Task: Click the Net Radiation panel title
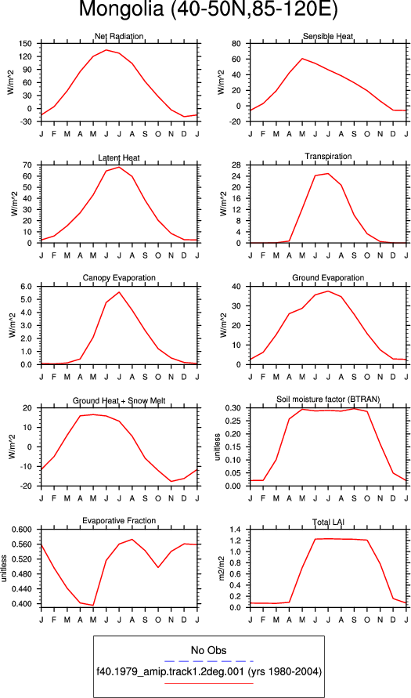click(x=119, y=36)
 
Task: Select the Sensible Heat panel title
click(x=328, y=36)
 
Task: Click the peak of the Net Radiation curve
click(x=106, y=50)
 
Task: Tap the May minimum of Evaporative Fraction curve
click(x=93, y=605)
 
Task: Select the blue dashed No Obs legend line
click(x=208, y=661)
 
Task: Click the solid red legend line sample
click(x=208, y=683)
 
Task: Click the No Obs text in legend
click(x=208, y=650)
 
